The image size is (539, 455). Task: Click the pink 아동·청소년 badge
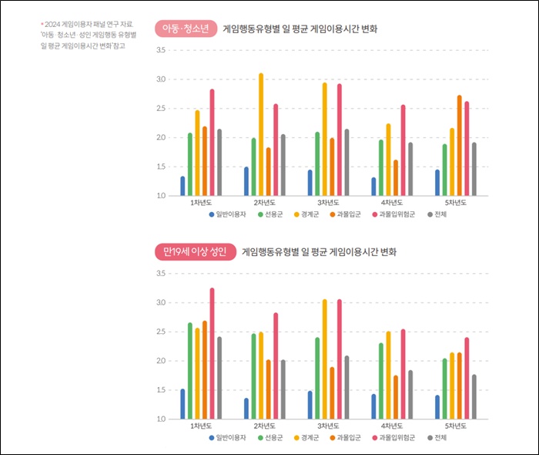pyautogui.click(x=185, y=29)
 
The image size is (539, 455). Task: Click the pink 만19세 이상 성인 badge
pyautogui.click(x=194, y=251)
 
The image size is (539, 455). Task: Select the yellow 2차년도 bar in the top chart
pyautogui.click(x=261, y=134)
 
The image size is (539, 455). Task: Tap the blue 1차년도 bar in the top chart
pyautogui.click(x=182, y=186)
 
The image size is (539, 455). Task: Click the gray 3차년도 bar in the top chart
pyautogui.click(x=346, y=162)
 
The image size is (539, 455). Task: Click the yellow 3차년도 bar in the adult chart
pyautogui.click(x=325, y=359)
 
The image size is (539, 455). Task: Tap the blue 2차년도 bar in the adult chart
pyautogui.click(x=246, y=408)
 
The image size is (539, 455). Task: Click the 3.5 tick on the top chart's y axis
pyautogui.click(x=161, y=51)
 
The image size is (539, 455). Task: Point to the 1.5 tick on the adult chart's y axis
pyautogui.click(x=161, y=390)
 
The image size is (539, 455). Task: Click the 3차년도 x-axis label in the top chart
pyautogui.click(x=329, y=202)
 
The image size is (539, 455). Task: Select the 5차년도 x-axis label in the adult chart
pyautogui.click(x=457, y=426)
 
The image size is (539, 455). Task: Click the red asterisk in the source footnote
pyautogui.click(x=42, y=24)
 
